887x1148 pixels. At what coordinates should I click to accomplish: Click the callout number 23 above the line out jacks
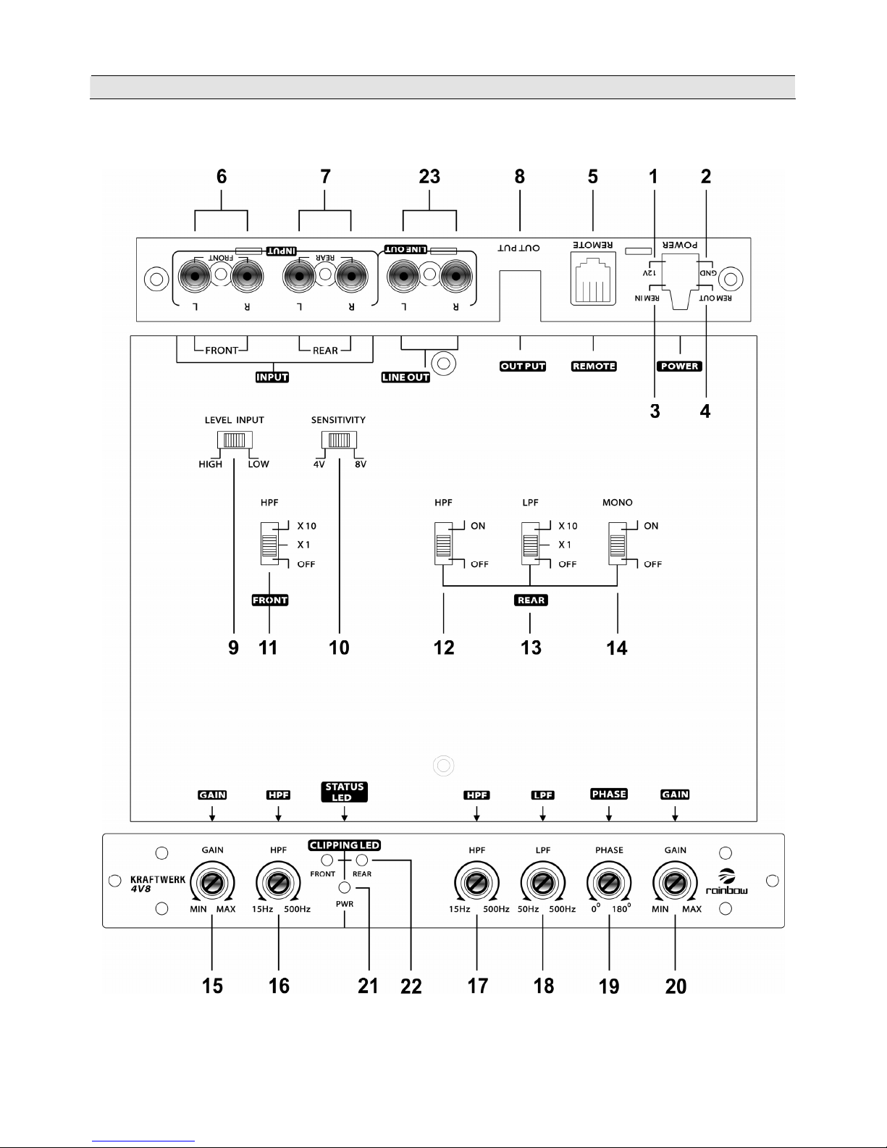[x=429, y=177]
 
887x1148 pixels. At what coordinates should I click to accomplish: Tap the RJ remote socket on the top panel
[x=592, y=280]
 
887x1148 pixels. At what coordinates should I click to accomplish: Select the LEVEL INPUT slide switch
[x=235, y=440]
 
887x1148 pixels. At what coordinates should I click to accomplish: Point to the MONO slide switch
[x=618, y=543]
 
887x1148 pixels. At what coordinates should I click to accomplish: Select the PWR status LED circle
[x=345, y=889]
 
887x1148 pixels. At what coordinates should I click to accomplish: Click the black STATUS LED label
[x=344, y=792]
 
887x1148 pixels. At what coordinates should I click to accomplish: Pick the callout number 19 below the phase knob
[x=609, y=986]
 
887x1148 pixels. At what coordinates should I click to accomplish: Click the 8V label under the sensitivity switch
[x=360, y=464]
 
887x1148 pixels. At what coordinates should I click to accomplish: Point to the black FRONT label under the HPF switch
[x=269, y=600]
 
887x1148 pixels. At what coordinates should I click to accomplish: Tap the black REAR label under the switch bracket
[x=531, y=600]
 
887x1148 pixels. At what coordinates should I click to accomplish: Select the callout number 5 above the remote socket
[x=592, y=177]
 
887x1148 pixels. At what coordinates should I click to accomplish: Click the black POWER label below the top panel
[x=679, y=366]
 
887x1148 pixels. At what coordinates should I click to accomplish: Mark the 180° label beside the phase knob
[x=622, y=909]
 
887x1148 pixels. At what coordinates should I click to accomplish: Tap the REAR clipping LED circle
[x=362, y=860]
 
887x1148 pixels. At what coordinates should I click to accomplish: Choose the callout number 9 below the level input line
[x=233, y=647]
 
